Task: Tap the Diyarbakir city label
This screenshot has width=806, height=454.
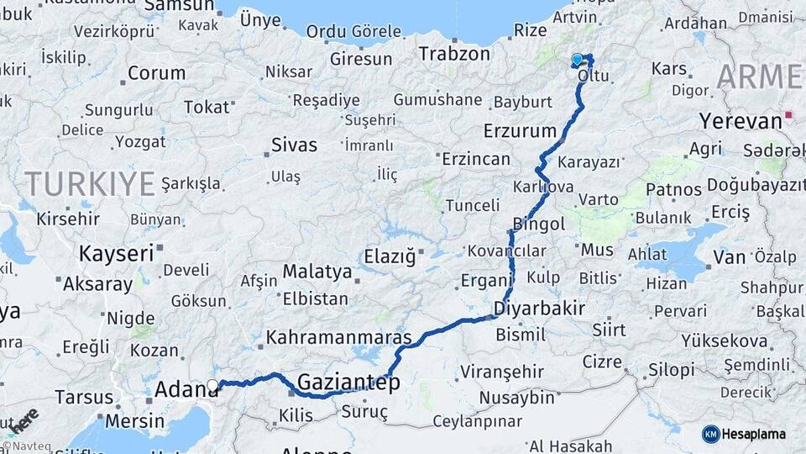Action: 539,308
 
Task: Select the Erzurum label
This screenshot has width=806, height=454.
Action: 520,131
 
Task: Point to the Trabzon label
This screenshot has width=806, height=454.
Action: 454,54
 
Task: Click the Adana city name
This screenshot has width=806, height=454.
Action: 186,390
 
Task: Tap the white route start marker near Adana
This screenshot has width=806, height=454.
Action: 212,386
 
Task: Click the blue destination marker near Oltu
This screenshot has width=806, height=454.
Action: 578,60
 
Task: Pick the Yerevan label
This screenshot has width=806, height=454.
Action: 741,121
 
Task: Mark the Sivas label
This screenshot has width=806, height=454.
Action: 294,145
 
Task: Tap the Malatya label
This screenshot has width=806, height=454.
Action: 317,272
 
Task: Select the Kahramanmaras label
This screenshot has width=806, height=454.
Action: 338,338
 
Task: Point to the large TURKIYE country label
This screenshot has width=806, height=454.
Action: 90,182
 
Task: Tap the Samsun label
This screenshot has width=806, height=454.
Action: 179,7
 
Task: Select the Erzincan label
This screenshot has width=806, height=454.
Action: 475,159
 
